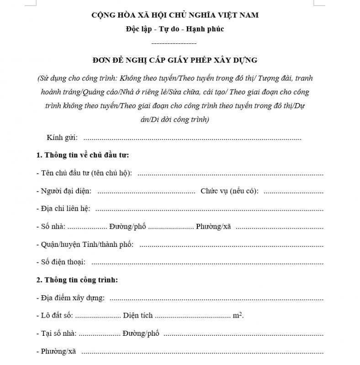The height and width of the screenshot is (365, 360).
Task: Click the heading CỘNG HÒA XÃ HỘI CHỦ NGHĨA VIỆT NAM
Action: pyautogui.click(x=175, y=15)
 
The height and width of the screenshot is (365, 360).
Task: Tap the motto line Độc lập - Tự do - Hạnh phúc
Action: pyautogui.click(x=175, y=30)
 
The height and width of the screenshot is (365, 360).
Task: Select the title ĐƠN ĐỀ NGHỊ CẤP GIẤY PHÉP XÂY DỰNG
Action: pyautogui.click(x=175, y=60)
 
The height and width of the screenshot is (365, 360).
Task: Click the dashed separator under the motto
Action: pyautogui.click(x=174, y=43)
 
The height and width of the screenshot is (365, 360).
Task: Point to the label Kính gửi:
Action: pyautogui.click(x=62, y=138)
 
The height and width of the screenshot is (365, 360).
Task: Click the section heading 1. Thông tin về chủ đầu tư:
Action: pyautogui.click(x=83, y=155)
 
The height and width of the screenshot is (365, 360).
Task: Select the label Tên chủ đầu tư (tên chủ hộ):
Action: pyautogui.click(x=86, y=173)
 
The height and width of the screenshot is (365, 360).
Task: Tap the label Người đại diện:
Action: pyautogui.click(x=66, y=191)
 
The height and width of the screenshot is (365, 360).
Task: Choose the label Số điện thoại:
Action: pyautogui.click(x=64, y=262)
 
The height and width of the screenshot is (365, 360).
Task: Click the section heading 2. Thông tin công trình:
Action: pyautogui.click(x=77, y=280)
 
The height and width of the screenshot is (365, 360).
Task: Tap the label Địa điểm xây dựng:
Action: pyautogui.click(x=72, y=298)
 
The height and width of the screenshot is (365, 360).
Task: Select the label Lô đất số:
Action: pyautogui.click(x=56, y=316)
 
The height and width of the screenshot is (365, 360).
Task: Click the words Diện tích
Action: pyautogui.click(x=138, y=316)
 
